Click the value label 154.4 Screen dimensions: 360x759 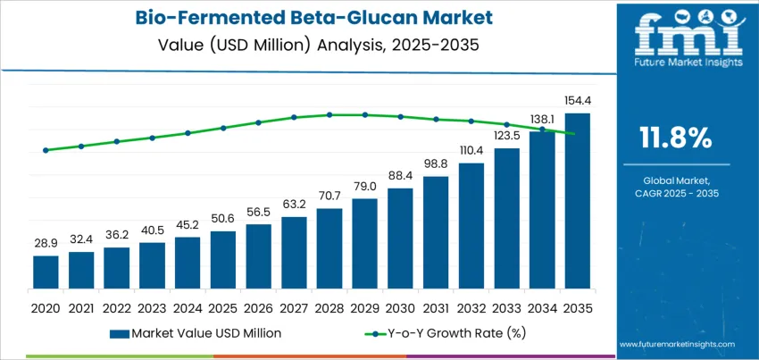click(x=578, y=100)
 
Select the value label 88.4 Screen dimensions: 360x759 click(x=400, y=175)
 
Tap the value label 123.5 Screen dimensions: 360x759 click(x=506, y=135)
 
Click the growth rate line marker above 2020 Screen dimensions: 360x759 click(x=46, y=150)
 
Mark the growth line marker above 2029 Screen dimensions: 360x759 click(x=364, y=114)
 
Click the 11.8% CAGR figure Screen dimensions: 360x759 click(x=676, y=137)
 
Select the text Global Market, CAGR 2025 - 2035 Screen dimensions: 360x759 click(x=676, y=186)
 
